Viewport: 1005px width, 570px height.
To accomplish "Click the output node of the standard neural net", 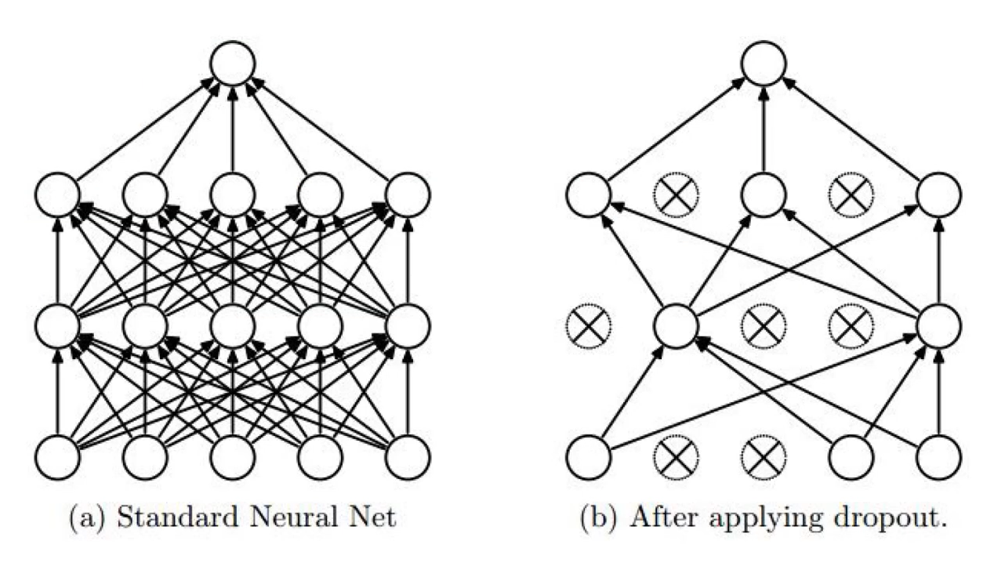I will (x=233, y=63).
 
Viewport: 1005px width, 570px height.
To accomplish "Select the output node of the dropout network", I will (x=764, y=63).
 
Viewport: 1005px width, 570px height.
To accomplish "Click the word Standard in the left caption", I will (x=154, y=519).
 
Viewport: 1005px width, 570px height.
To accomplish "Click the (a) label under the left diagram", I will (x=83, y=519).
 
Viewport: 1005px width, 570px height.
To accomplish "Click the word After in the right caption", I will (x=658, y=519).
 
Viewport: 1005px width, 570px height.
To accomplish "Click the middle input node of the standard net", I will (x=233, y=457).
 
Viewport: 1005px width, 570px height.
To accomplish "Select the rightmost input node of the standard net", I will (x=408, y=457).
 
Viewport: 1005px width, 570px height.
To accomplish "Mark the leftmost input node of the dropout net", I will (x=588, y=457).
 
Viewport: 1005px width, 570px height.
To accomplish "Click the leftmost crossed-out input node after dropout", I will (x=676, y=457).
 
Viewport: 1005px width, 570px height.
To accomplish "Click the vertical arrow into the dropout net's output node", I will (x=764, y=129).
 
